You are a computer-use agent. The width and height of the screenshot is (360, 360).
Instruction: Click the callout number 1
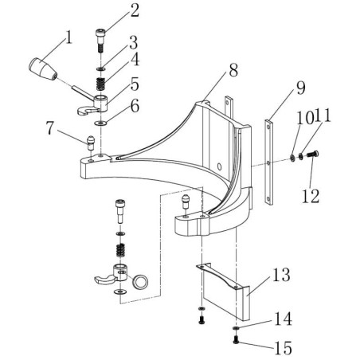click(69, 37)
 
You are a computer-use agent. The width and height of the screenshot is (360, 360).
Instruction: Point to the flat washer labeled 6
click(101, 123)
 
